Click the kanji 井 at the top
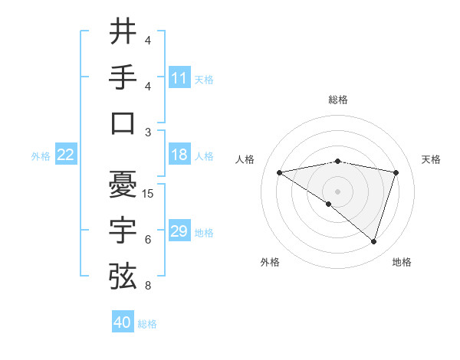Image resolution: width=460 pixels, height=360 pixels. [x=122, y=31]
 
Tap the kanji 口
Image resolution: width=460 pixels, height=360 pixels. [x=122, y=123]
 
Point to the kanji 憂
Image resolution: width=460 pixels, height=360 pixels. [x=122, y=184]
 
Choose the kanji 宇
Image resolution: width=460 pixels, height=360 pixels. [x=122, y=229]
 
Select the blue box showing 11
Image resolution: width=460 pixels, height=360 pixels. [x=179, y=78]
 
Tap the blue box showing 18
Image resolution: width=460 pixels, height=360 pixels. [x=179, y=155]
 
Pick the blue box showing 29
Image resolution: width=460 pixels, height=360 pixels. [x=179, y=231]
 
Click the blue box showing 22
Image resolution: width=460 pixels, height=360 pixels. [x=66, y=155]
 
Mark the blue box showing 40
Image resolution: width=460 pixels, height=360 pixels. [x=123, y=322]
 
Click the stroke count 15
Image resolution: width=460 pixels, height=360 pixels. [x=149, y=194]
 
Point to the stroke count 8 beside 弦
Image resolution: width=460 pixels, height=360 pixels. [x=147, y=286]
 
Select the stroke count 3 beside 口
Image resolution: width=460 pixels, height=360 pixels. [x=147, y=133]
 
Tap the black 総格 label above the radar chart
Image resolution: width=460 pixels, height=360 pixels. [x=338, y=100]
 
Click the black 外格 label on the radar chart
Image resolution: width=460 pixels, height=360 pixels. [x=270, y=262]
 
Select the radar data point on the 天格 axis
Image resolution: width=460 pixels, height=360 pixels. [x=396, y=172]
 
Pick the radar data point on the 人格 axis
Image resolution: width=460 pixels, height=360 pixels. [x=280, y=172]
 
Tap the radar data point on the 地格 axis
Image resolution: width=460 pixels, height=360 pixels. [x=373, y=241]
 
